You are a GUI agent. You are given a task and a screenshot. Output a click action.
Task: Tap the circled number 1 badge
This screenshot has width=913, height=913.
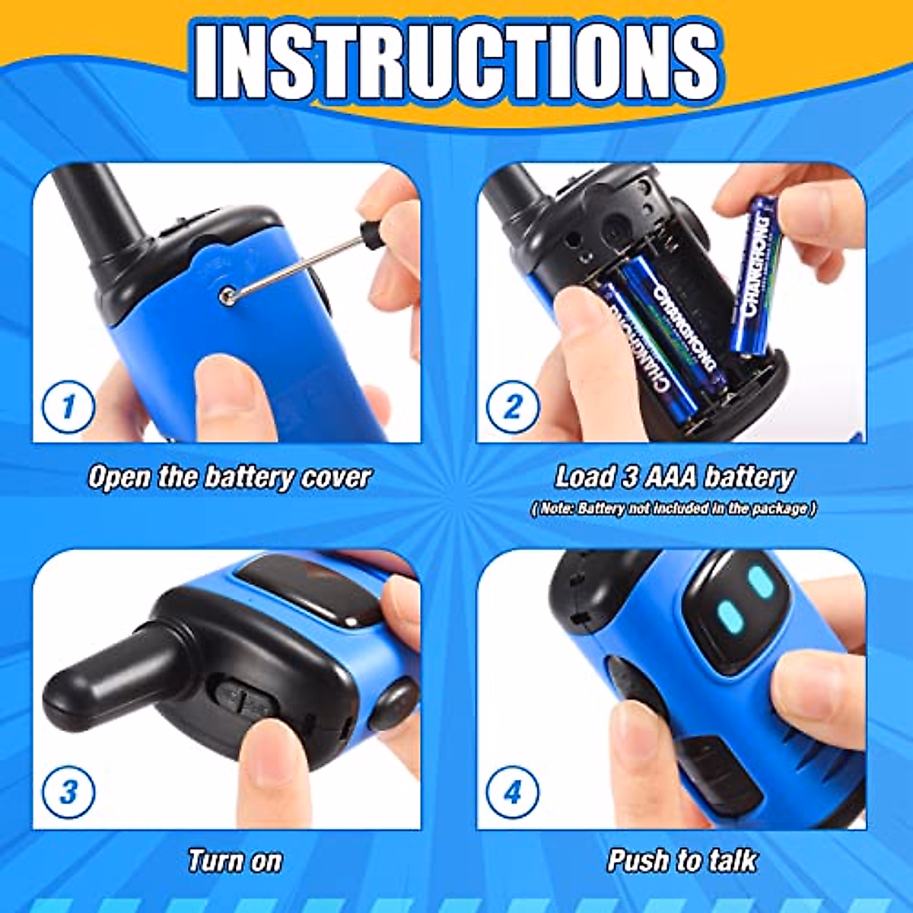point(68,407)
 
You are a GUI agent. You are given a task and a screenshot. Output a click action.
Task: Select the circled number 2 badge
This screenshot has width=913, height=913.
point(512,407)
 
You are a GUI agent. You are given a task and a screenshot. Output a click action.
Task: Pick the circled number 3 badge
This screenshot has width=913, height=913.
point(68,792)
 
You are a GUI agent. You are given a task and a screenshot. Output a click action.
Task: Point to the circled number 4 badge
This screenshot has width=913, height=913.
point(512,792)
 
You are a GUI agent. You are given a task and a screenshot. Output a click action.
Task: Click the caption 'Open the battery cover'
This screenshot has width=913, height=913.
point(229,478)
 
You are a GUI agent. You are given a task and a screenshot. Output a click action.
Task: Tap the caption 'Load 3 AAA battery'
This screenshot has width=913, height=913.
point(673,478)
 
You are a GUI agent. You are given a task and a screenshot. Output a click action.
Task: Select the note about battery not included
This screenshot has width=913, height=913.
point(673,508)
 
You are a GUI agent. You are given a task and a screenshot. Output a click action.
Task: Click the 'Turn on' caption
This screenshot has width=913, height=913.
point(234,861)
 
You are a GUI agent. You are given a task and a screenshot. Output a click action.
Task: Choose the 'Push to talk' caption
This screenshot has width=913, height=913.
point(682,861)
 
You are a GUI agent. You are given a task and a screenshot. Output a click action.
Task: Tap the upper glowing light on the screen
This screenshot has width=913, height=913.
point(760,583)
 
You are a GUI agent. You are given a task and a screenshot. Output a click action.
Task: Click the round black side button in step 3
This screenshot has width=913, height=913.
point(393,704)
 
